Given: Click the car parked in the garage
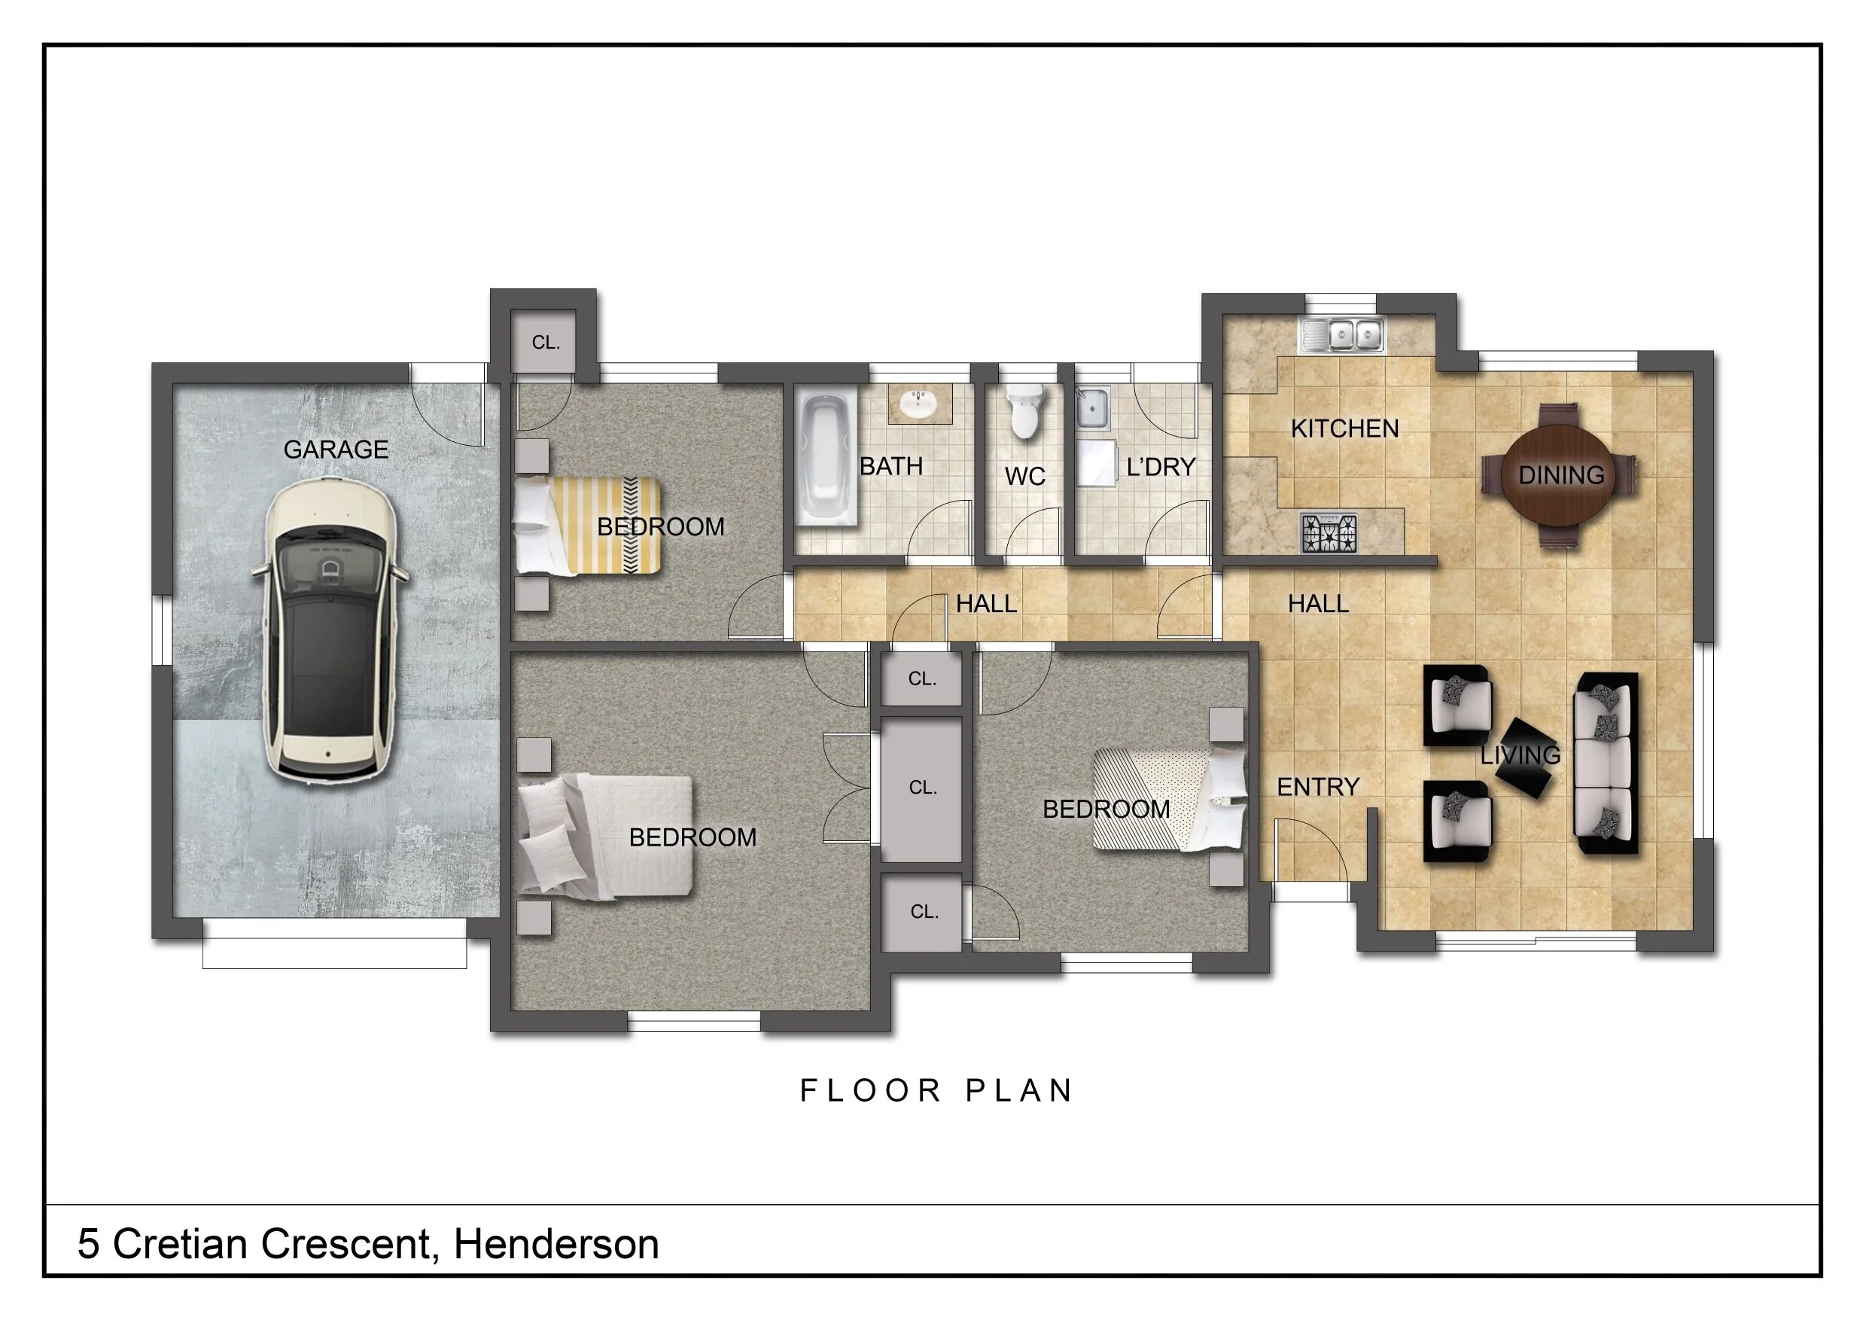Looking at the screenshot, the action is tap(330, 631).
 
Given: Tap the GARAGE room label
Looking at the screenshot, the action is tap(336, 450).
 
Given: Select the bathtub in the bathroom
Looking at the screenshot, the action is tap(826, 459).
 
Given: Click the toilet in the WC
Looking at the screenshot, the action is tap(1026, 411).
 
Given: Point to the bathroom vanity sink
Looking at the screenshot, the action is tap(919, 404).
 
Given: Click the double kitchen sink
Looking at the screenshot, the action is tap(1343, 335).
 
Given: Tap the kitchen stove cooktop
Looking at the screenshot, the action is tap(1329, 532).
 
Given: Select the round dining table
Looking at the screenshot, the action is tap(1560, 475).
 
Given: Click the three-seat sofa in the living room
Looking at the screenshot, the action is tap(1606, 763).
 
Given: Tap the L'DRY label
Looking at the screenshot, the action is tap(1161, 468).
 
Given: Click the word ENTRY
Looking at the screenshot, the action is tap(1318, 787).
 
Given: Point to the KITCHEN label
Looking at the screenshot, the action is tap(1345, 428).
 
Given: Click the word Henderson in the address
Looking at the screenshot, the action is tap(556, 1245).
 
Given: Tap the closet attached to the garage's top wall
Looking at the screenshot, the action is tap(543, 341).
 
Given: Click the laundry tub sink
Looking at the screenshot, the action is tap(1093, 407).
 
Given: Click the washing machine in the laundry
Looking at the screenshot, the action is tap(1097, 463).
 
